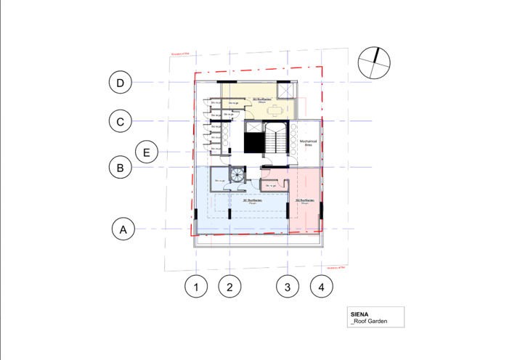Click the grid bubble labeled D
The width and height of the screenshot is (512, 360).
pos(121,83)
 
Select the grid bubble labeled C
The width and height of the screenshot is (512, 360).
pos(121,121)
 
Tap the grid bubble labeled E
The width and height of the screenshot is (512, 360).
pos(147,152)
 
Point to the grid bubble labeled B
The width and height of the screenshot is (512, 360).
pos(121,168)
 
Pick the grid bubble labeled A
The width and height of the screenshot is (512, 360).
pos(124,229)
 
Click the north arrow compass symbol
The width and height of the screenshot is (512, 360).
pos(374,62)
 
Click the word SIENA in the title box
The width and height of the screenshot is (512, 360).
pos(360,314)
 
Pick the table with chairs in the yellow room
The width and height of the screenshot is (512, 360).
pos(274,110)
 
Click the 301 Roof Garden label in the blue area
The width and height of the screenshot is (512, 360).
pos(251,201)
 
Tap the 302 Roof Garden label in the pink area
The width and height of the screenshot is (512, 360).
pos(304,201)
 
